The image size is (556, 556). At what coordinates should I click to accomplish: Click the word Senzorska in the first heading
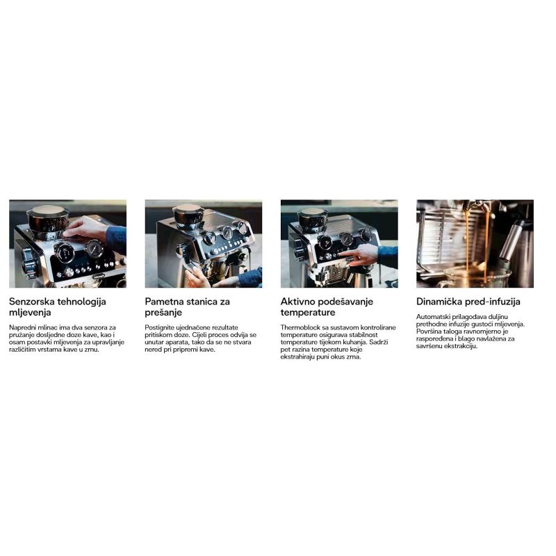(31, 302)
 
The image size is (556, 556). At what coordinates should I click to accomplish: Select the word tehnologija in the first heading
(81, 302)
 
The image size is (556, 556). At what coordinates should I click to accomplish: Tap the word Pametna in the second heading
(164, 302)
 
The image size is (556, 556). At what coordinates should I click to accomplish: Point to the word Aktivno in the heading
(297, 302)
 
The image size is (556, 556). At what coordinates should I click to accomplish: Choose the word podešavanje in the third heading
(345, 302)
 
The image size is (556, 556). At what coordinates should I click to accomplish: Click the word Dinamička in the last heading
(439, 302)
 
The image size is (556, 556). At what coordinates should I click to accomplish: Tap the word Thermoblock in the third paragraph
(300, 327)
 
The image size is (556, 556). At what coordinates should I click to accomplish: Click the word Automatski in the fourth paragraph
(431, 317)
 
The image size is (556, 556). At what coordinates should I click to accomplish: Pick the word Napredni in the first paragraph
(22, 328)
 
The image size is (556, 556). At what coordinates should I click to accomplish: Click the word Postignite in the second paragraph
(159, 328)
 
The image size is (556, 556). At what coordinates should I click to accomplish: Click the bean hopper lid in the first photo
(47, 210)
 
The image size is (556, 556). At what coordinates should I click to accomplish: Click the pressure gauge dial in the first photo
(94, 249)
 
